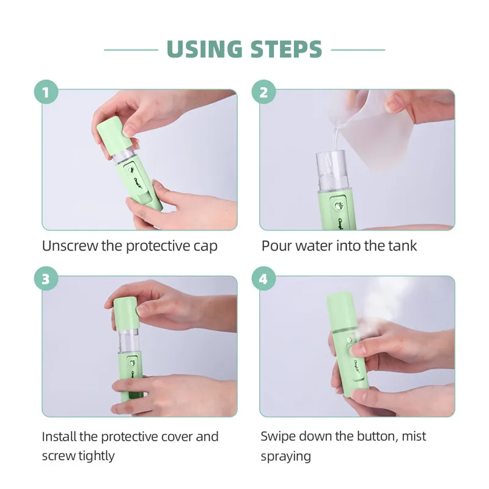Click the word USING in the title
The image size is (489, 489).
tap(205, 50)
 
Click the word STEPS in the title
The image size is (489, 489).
tap(286, 50)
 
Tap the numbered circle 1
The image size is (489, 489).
tap(46, 92)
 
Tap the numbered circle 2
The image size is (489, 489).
tap(264, 92)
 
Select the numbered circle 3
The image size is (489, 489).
tap(46, 279)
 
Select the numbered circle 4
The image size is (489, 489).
tap(264, 279)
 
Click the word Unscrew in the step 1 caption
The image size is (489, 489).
tap(70, 246)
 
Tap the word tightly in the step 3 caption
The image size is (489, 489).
tap(96, 457)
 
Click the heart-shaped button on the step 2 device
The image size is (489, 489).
tap(339, 206)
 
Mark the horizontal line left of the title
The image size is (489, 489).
tap(131, 50)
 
